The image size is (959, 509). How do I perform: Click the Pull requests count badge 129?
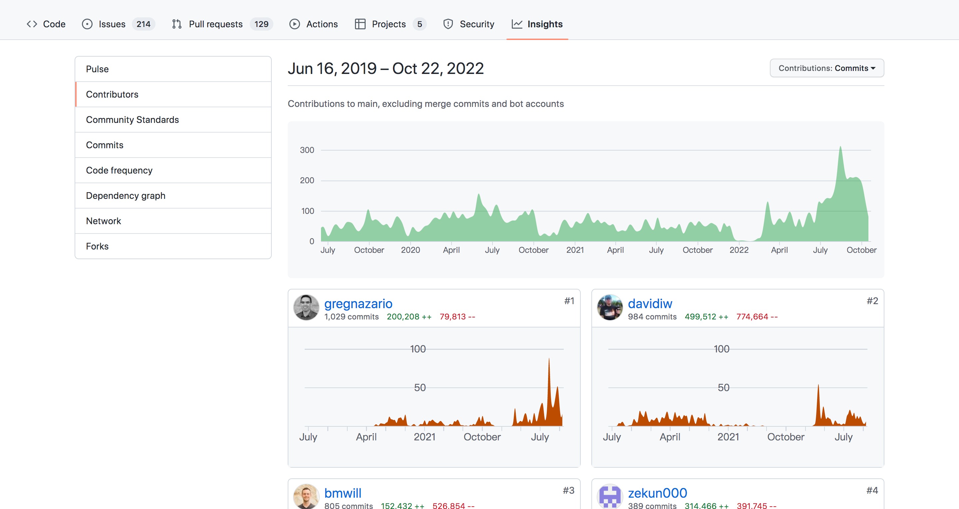click(x=261, y=24)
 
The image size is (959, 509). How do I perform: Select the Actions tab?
click(x=313, y=24)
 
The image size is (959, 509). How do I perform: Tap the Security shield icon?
click(x=448, y=24)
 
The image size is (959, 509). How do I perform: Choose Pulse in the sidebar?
click(x=97, y=69)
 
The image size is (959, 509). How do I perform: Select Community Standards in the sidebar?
click(x=132, y=120)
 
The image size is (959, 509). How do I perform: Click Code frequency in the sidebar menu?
click(x=119, y=170)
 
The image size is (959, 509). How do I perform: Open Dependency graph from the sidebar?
click(x=126, y=196)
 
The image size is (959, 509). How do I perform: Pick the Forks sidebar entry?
click(x=97, y=246)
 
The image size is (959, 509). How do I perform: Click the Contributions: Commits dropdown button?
click(x=827, y=68)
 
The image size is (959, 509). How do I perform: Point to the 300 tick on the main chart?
click(x=307, y=150)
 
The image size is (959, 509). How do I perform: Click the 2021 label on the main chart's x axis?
click(x=575, y=250)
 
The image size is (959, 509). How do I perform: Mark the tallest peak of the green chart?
click(x=840, y=147)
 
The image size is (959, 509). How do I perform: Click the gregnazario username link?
click(x=358, y=304)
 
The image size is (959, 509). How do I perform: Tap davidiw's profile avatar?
click(x=610, y=307)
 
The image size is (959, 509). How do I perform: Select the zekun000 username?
click(x=657, y=493)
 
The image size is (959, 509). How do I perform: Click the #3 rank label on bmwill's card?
click(x=568, y=490)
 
